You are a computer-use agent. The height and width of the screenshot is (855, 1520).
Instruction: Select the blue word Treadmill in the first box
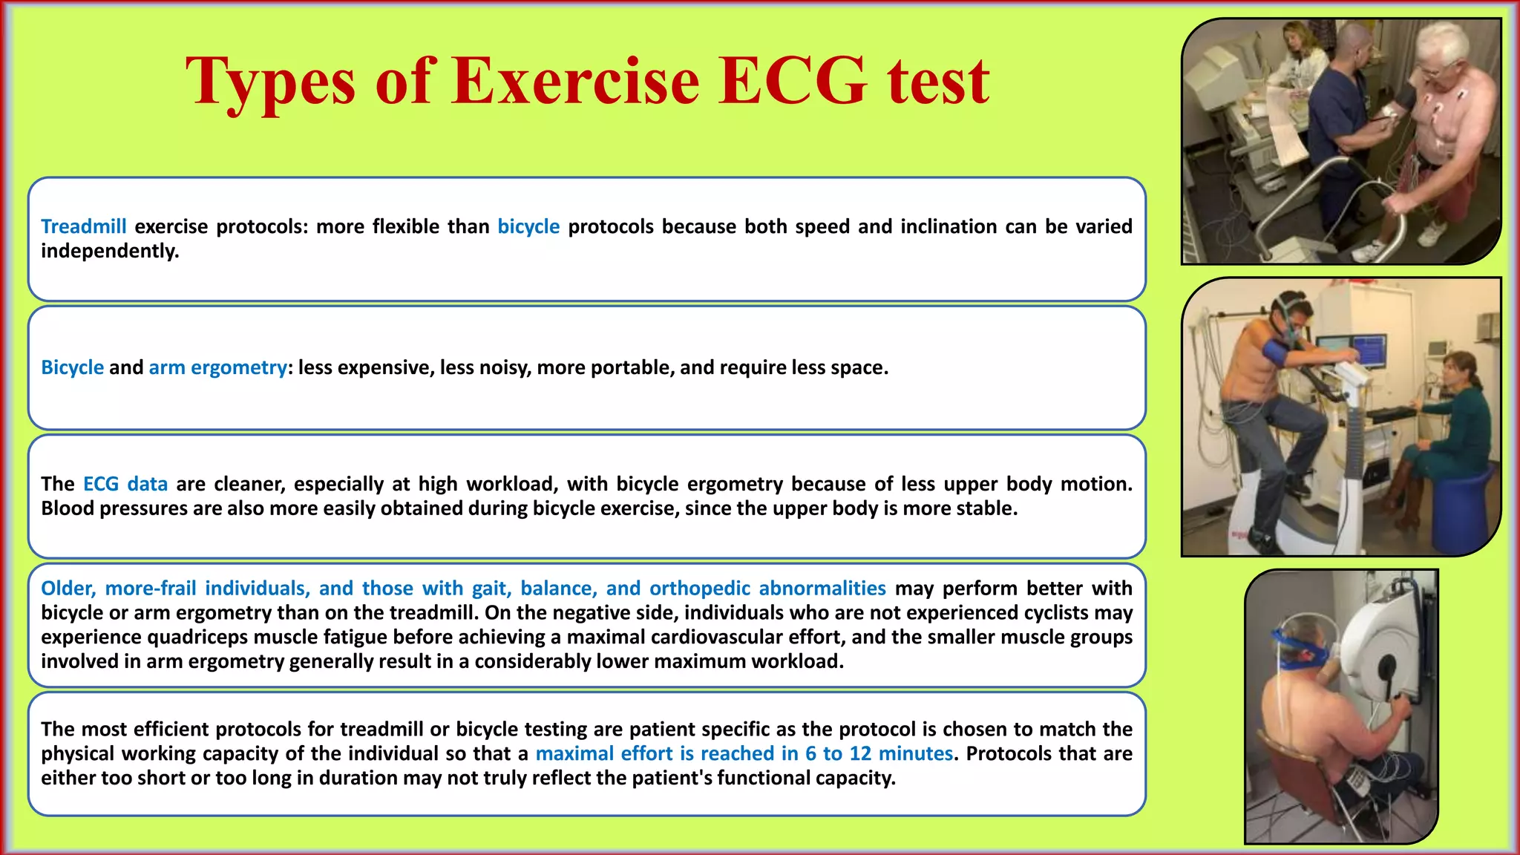83,226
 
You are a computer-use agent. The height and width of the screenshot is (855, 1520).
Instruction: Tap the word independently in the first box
110,251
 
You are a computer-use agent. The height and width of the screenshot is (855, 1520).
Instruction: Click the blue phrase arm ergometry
217,367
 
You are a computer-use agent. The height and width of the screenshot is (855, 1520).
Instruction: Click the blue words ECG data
125,484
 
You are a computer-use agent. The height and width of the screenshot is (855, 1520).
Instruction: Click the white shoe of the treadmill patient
1370,252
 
